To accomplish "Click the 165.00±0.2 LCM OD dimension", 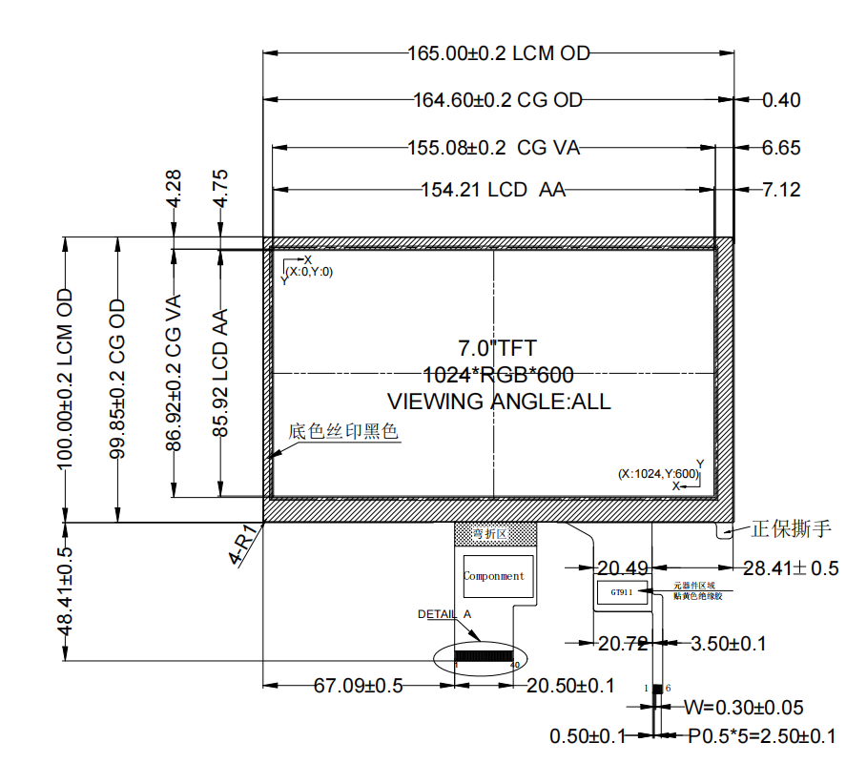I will pyautogui.click(x=499, y=53).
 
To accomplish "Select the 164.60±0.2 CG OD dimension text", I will pyautogui.click(x=498, y=99).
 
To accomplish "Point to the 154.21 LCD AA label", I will pyautogui.click(x=493, y=190).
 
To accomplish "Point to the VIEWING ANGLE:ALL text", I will pyautogui.click(x=498, y=402).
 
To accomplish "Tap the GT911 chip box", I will pyautogui.click(x=621, y=592).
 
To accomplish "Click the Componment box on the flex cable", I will pyautogui.click(x=494, y=576).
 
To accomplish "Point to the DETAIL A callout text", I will pyautogui.click(x=444, y=614).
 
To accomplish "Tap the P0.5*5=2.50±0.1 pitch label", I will pyautogui.click(x=762, y=736).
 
